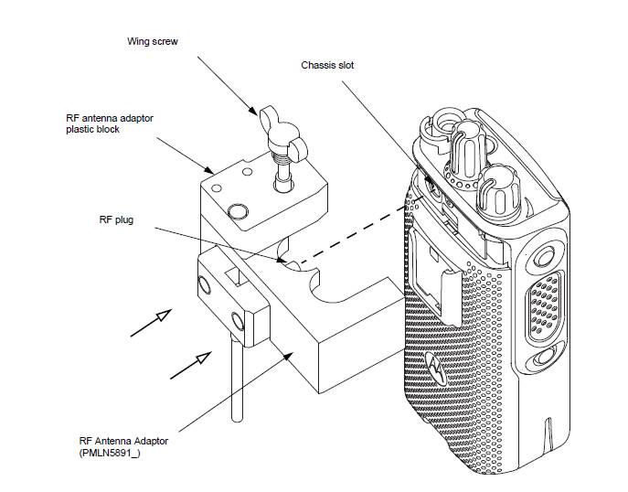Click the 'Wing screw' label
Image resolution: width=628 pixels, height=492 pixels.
[x=152, y=41]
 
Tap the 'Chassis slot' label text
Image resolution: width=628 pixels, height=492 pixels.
[x=327, y=65]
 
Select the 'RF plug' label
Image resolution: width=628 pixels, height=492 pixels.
[x=116, y=220]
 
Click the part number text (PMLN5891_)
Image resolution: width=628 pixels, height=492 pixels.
[x=110, y=454]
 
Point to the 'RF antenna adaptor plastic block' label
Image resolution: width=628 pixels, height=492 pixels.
[x=110, y=123]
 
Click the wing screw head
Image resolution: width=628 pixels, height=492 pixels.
[x=282, y=133]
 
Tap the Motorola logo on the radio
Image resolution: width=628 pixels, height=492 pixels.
[x=436, y=369]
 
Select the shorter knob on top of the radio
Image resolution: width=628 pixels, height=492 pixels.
[x=499, y=192]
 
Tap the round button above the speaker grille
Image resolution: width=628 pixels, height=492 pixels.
[x=545, y=256]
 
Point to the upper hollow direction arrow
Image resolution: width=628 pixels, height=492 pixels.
[x=151, y=323]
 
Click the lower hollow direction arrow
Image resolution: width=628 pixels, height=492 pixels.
[x=191, y=365]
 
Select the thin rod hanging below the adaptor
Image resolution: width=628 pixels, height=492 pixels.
[x=237, y=380]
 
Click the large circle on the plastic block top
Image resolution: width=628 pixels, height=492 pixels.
[x=237, y=211]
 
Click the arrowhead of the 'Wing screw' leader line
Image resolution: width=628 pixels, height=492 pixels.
[x=252, y=110]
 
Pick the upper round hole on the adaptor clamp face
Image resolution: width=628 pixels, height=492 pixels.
[x=204, y=285]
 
